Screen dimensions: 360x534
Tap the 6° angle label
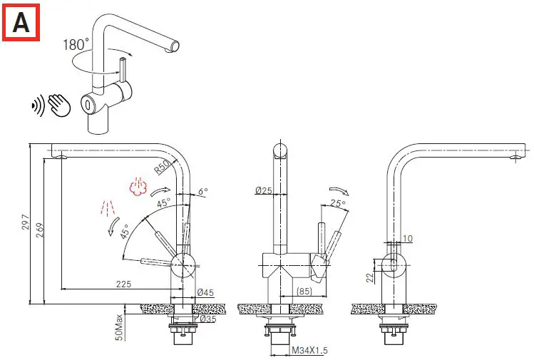click(203, 192)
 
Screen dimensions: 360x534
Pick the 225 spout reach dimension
click(123, 284)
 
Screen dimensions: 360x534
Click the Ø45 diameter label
click(205, 292)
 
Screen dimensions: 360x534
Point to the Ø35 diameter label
click(208, 319)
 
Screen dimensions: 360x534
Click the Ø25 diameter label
click(264, 190)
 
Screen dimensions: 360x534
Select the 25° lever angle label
click(338, 204)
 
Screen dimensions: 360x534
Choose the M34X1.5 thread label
click(309, 351)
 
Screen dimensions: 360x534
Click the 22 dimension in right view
click(370, 278)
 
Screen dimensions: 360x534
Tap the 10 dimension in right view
click(407, 238)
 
